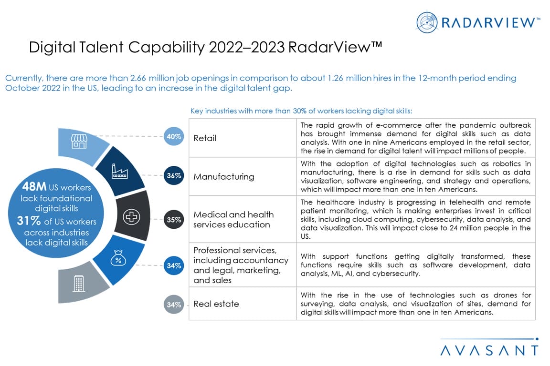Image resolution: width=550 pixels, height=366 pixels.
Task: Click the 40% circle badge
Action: coord(173,137)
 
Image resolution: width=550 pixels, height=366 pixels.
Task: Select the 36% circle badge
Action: coord(173,175)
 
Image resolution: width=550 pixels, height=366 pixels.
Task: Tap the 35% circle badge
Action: coord(173,220)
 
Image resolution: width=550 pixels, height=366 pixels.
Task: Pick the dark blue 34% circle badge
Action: coord(173,265)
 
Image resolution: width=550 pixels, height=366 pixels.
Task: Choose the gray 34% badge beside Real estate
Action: coord(173,305)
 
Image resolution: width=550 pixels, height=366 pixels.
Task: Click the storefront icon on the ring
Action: coord(79,141)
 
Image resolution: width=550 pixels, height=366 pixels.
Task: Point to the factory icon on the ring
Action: coord(119,171)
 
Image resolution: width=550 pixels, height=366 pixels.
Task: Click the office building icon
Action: coord(78,284)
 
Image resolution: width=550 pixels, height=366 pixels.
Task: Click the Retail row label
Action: coord(205,138)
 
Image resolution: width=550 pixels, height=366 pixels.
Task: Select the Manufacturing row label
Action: coord(223,176)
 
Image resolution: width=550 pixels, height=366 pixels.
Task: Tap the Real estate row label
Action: coord(216,304)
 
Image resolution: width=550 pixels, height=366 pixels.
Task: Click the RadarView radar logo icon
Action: coord(427,22)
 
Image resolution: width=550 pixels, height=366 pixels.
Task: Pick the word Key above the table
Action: coord(196,111)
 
